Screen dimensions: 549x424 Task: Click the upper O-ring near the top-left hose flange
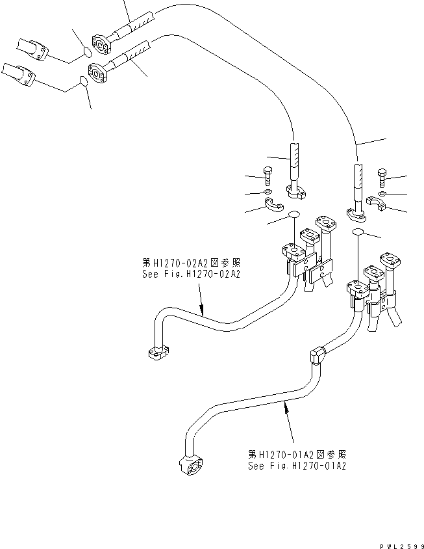click(x=86, y=51)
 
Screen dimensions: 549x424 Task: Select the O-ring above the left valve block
click(x=293, y=216)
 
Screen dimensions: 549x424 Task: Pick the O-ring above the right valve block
click(x=357, y=232)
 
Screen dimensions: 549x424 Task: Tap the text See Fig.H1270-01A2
click(x=296, y=466)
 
